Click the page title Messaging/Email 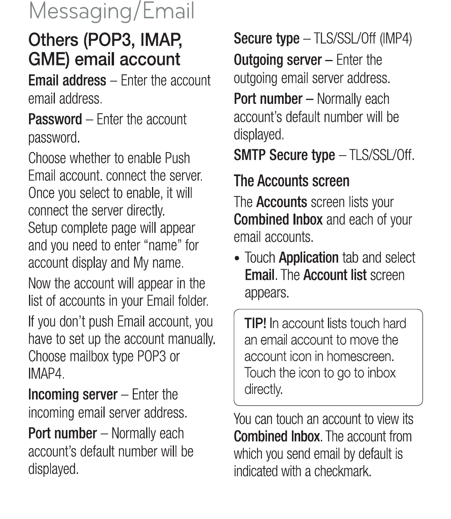tap(111, 11)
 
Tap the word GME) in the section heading tap(49, 60)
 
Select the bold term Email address tap(67, 80)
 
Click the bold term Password tap(55, 119)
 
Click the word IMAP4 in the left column tap(45, 374)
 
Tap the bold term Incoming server tap(73, 394)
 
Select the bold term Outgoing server tap(278, 60)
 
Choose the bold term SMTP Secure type tap(284, 155)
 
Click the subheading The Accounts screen tap(292, 181)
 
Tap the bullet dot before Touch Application tap(237, 259)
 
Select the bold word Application tap(309, 258)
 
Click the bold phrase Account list tap(335, 275)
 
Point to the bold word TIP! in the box tap(255, 323)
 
